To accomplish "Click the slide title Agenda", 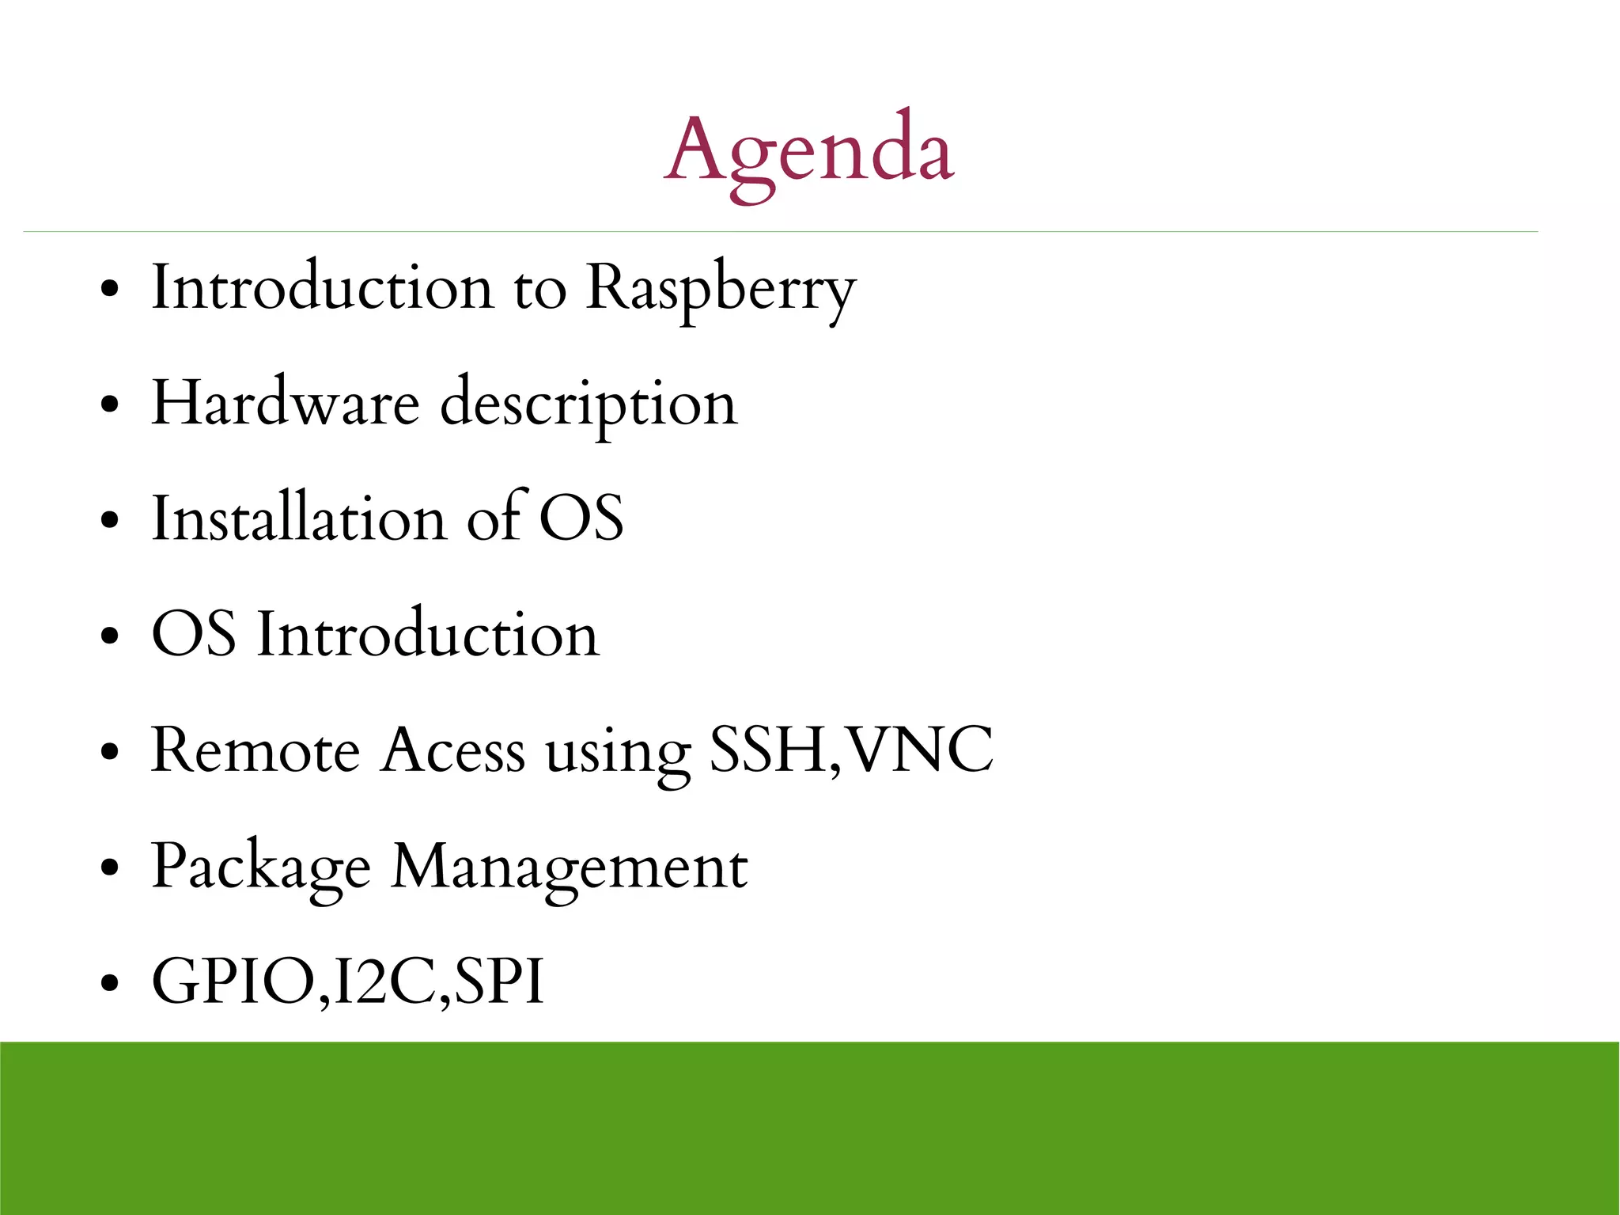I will [808, 150].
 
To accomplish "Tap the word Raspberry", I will [721, 289].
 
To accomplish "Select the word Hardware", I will [285, 404].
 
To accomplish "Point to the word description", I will [589, 405].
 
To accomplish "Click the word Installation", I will [299, 519].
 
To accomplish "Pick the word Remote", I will [255, 750].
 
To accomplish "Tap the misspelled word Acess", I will [452, 750].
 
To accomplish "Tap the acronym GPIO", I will [233, 981].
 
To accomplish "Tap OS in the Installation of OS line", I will [581, 519].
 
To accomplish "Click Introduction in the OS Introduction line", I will [428, 635].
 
